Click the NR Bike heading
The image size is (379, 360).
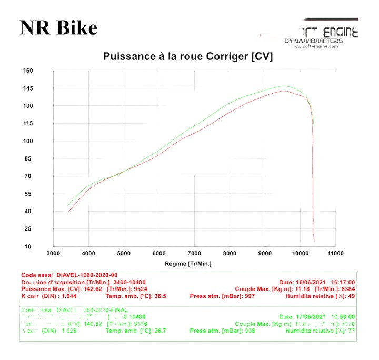(59, 27)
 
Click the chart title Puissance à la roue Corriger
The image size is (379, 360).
(188, 56)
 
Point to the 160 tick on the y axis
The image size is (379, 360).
(28, 71)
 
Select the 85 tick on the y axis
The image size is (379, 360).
(28, 158)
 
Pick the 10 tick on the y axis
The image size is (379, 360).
(28, 246)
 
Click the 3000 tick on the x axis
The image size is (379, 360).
(53, 253)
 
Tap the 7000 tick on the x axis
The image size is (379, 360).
(194, 253)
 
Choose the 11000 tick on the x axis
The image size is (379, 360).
(335, 253)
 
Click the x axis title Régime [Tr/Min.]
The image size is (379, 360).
(188, 263)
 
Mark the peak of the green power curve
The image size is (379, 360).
(284, 86)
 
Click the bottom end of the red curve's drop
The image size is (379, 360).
(314, 241)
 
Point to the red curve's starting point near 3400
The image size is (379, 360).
(67, 212)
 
